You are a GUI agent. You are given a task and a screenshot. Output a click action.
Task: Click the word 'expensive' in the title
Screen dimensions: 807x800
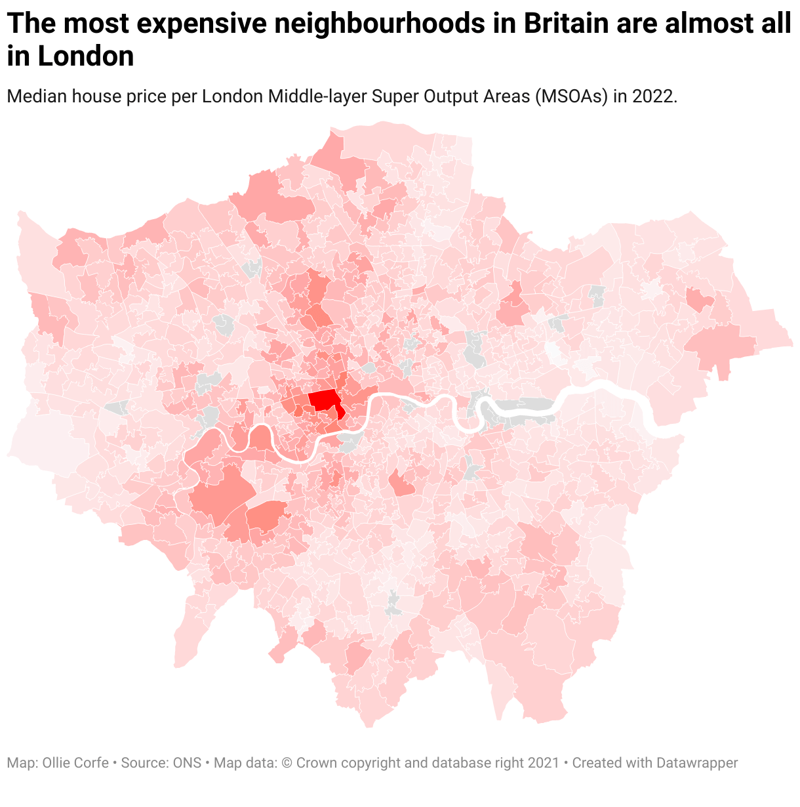pos(200,24)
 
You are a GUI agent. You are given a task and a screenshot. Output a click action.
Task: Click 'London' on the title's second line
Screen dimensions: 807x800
pos(86,57)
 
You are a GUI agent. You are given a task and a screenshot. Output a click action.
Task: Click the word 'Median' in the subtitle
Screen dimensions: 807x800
pos(37,96)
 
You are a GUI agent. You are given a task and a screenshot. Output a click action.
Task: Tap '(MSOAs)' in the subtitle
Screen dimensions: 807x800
pos(570,96)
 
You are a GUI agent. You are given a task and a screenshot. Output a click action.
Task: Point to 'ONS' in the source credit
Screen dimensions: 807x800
pos(187,763)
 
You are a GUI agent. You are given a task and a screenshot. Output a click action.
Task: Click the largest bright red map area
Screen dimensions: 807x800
pos(323,400)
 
